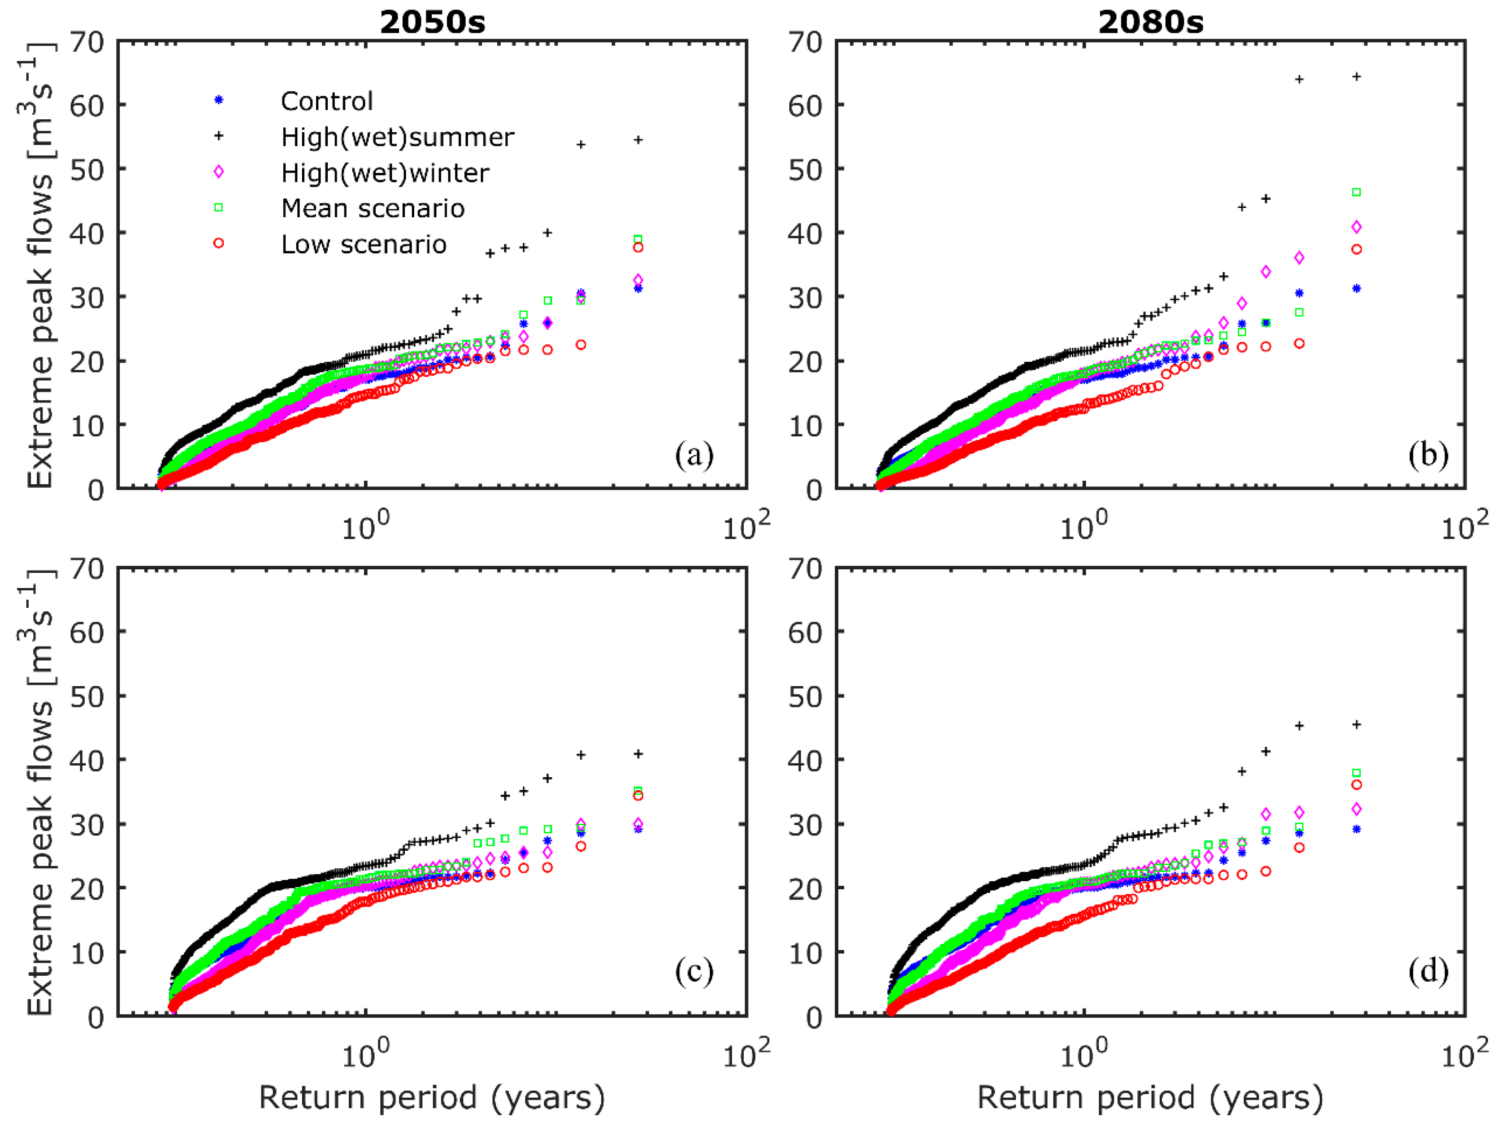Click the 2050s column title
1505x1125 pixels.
432,22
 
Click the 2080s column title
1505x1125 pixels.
1151,22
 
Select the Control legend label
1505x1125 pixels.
327,101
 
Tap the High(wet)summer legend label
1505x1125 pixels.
398,137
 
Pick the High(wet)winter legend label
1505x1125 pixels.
385,173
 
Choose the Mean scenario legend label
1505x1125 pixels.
373,208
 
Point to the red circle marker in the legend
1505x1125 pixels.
218,243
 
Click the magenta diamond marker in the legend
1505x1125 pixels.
218,172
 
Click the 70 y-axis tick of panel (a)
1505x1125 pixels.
87,42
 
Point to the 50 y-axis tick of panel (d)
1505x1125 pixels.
806,696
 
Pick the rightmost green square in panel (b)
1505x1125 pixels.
1356,192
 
